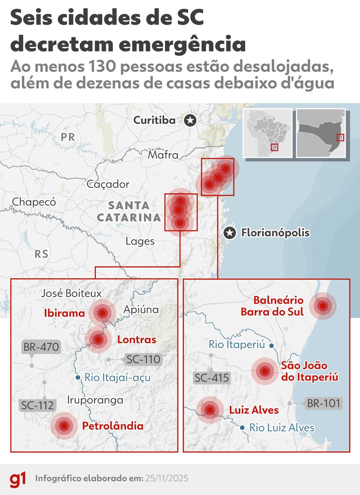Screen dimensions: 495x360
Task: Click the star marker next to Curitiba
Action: pos(190,120)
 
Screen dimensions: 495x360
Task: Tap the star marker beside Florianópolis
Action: pos(229,232)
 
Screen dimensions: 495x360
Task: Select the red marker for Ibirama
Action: pos(102,313)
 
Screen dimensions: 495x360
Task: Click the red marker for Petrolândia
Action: pos(64,426)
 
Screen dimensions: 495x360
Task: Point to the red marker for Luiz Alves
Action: pos(210,410)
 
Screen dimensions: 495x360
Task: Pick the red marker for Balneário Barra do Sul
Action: pos(323,306)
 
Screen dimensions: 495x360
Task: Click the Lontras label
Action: pos(136,339)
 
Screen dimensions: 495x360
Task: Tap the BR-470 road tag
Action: pos(41,347)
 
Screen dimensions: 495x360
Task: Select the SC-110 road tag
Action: pos(143,360)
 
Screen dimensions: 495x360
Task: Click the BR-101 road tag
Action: pos(324,403)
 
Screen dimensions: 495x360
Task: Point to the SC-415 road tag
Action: pos(212,378)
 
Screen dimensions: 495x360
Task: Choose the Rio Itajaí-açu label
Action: pos(117,377)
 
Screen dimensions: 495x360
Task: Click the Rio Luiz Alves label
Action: pos(282,427)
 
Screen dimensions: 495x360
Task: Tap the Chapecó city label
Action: pos(34,202)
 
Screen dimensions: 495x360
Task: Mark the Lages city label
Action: pos(140,241)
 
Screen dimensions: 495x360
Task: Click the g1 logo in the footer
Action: pos(18,479)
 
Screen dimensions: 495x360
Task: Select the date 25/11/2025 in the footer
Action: pos(167,479)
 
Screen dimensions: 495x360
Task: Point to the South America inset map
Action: pos(267,133)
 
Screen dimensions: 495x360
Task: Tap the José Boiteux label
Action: pos(71,293)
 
